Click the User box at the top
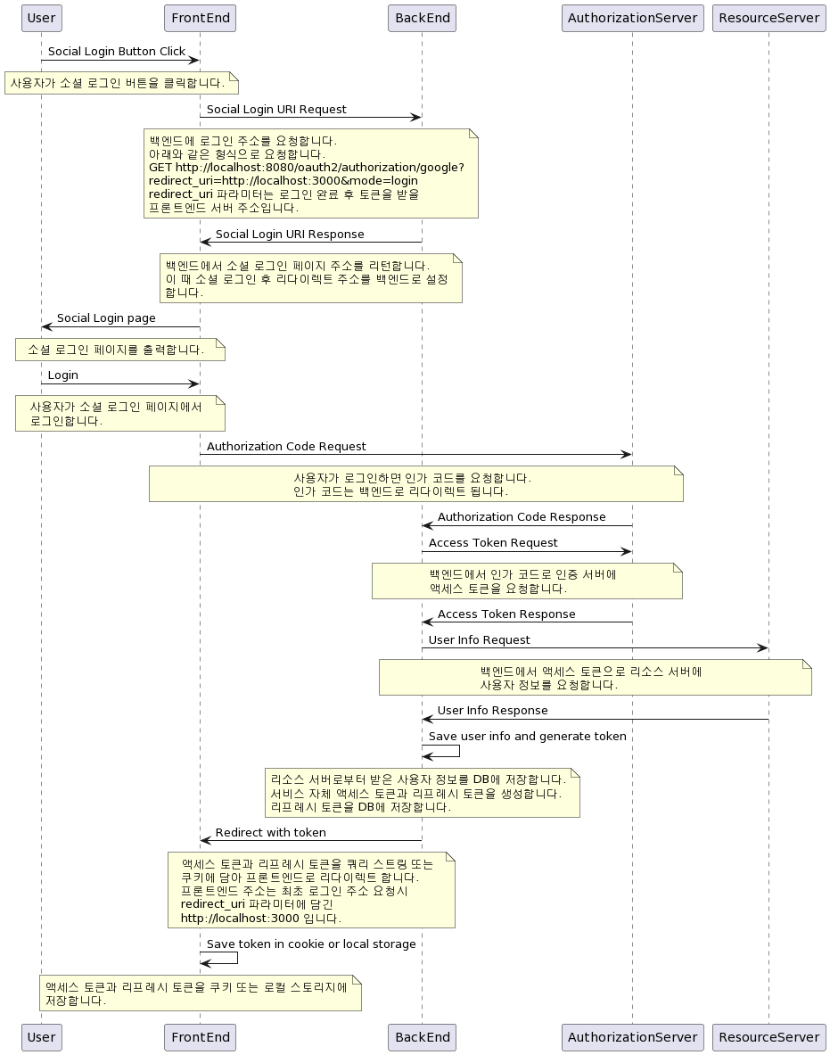click(41, 18)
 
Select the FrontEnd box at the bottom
click(200, 1037)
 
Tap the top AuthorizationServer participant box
click(632, 18)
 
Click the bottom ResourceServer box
click(768, 1037)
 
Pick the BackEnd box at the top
click(423, 18)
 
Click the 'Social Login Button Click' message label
click(117, 52)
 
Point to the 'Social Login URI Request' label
click(276, 110)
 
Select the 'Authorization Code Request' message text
click(286, 447)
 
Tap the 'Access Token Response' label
click(506, 614)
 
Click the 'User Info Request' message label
click(480, 640)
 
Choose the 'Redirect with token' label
click(271, 833)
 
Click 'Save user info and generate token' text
click(528, 737)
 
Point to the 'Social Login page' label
click(106, 318)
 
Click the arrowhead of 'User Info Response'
click(428, 719)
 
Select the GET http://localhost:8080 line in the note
click(307, 168)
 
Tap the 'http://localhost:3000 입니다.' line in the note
click(261, 918)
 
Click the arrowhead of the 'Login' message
click(193, 384)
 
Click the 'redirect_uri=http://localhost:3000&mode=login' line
click(284, 181)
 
